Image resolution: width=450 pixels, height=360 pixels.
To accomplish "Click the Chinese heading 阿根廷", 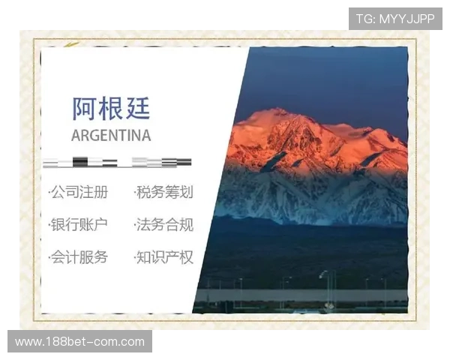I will pyautogui.click(x=111, y=108).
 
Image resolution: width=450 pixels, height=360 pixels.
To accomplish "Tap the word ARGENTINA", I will pyautogui.click(x=111, y=136).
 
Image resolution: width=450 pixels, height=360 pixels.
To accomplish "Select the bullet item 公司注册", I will pyautogui.click(x=79, y=193).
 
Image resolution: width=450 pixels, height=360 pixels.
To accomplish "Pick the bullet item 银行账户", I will pyautogui.click(x=79, y=225).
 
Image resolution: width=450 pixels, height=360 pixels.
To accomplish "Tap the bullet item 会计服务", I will pyautogui.click(x=79, y=257).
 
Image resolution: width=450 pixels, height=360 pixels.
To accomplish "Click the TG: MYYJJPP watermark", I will pyautogui.click(x=395, y=19).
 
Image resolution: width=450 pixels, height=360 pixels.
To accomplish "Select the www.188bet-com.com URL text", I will pyautogui.click(x=80, y=342).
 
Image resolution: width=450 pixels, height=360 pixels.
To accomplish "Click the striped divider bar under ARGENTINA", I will pyautogui.click(x=117, y=162).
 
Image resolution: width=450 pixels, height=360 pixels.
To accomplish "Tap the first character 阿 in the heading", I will pyautogui.click(x=85, y=108).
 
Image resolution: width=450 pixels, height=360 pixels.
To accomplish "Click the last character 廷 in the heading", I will pyautogui.click(x=137, y=108).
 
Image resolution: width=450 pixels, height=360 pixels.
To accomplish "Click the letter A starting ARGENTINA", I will pyautogui.click(x=76, y=136).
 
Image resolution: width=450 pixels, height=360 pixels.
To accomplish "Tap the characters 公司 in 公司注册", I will pyautogui.click(x=65, y=193).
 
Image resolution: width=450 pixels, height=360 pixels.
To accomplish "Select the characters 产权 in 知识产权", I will pyautogui.click(x=179, y=257).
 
